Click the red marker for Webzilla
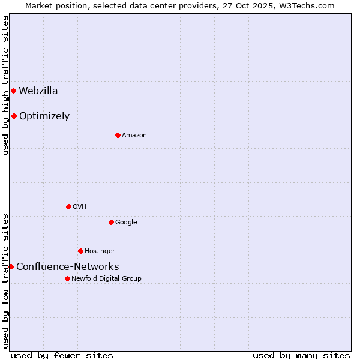13,91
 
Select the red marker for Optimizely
14,116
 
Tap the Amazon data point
118,136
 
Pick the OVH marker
68,207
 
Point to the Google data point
111,223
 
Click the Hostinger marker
80,251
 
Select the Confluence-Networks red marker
11,267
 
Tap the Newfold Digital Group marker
67,279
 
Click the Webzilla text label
38,91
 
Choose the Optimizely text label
44,116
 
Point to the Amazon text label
134,136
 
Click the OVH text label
80,207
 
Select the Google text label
126,223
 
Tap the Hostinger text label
100,251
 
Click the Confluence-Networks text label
67,267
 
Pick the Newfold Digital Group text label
106,279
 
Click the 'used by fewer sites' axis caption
62,356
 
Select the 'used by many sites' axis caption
301,356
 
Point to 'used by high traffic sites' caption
5,85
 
